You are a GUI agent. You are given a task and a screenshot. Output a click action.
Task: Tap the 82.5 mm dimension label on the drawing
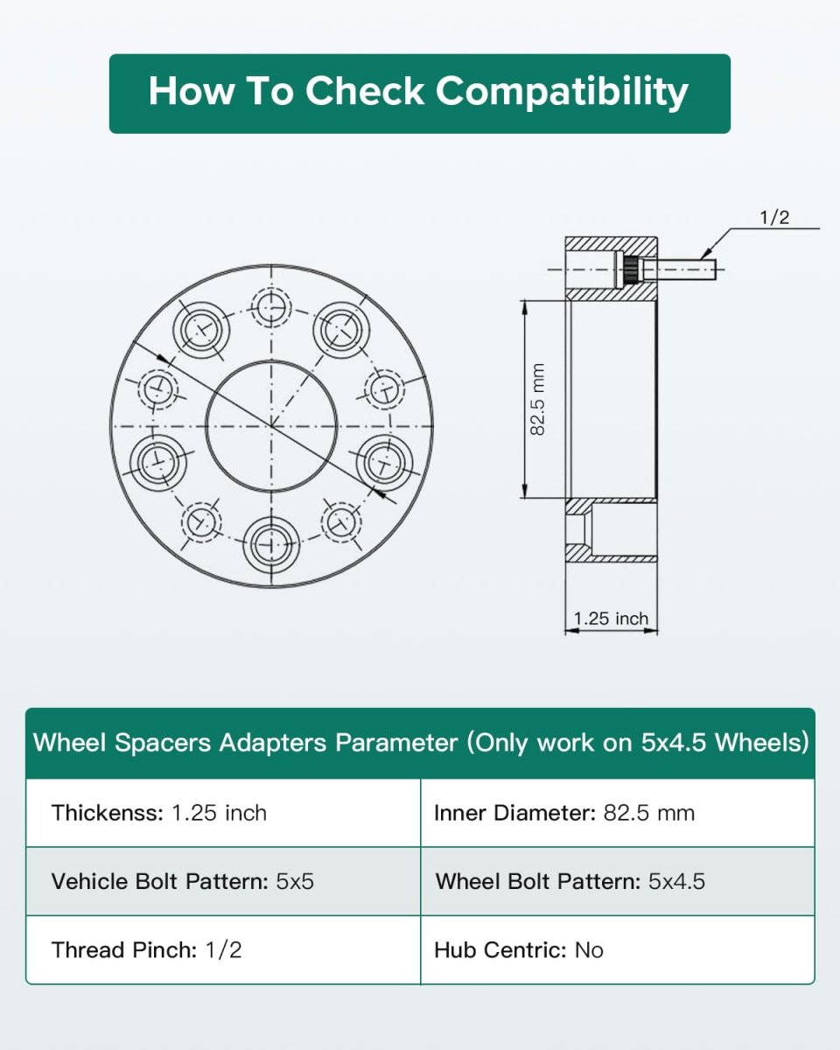click(x=538, y=399)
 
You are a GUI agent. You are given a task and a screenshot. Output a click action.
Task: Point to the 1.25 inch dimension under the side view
click(x=611, y=619)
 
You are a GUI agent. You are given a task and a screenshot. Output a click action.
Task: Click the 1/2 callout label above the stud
click(x=773, y=218)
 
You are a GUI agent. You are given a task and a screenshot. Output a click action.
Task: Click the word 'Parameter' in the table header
click(x=396, y=743)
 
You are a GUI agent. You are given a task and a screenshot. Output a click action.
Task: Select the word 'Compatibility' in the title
click(x=562, y=92)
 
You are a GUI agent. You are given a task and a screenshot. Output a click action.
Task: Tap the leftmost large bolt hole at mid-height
click(x=159, y=458)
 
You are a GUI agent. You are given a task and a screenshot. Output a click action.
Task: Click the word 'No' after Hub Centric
click(x=589, y=949)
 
